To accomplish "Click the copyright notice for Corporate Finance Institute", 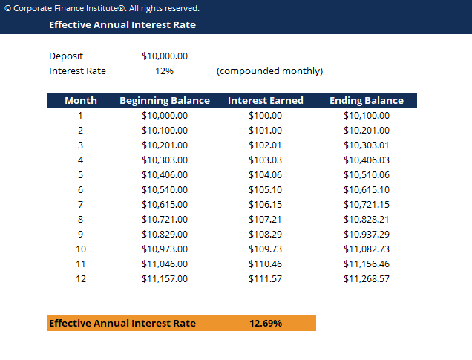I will pos(102,8).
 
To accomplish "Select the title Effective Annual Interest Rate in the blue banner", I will pos(122,24).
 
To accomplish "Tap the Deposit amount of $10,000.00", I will pos(164,56).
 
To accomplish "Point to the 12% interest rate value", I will pos(164,71).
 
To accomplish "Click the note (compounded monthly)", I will pos(269,71).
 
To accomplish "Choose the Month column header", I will pos(80,101).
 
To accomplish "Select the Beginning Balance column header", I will pos(164,101).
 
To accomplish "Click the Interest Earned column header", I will pos(265,101).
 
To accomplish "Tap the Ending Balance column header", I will pos(366,101).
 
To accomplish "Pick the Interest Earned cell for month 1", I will pos(265,116).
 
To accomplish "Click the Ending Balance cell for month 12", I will pos(366,279).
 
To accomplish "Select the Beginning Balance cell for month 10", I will pos(164,249).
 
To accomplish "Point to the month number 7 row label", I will pos(80,205).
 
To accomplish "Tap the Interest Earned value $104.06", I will pos(265,175).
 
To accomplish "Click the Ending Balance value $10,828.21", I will pos(366,220).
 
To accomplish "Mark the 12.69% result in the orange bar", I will pos(265,324).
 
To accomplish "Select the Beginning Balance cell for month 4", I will pos(164,160).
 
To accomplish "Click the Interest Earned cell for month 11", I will pos(265,264).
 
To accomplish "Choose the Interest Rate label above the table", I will pos(77,71).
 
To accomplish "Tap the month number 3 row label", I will pos(80,145).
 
